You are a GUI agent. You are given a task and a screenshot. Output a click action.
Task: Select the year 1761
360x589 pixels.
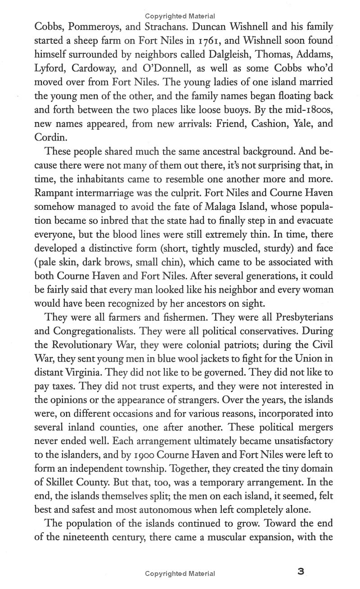[207, 41]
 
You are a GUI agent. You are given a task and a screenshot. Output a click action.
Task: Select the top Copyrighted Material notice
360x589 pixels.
[180, 16]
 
